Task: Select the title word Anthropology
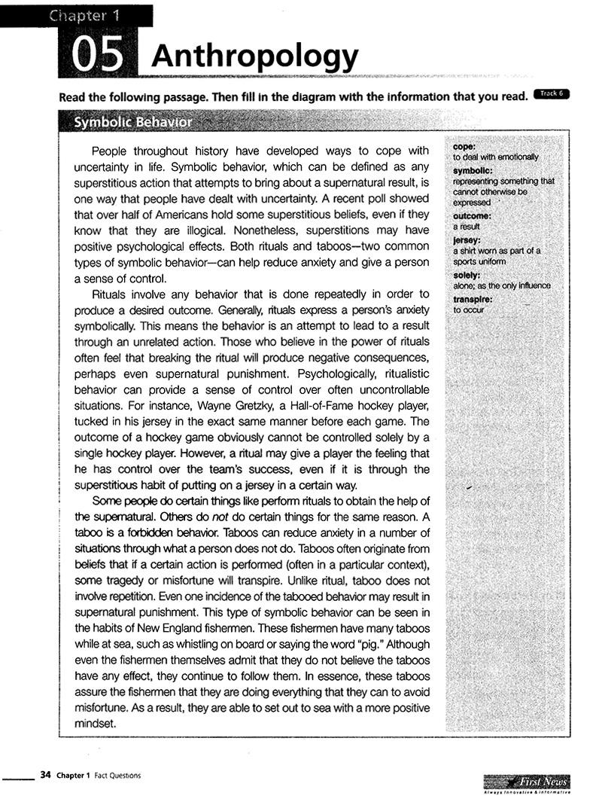tap(254, 56)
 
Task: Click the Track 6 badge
tap(551, 93)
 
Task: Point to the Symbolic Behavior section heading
tap(132, 122)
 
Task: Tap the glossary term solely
tap(467, 275)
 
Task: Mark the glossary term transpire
tap(473, 299)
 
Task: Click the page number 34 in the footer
tap(45, 774)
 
